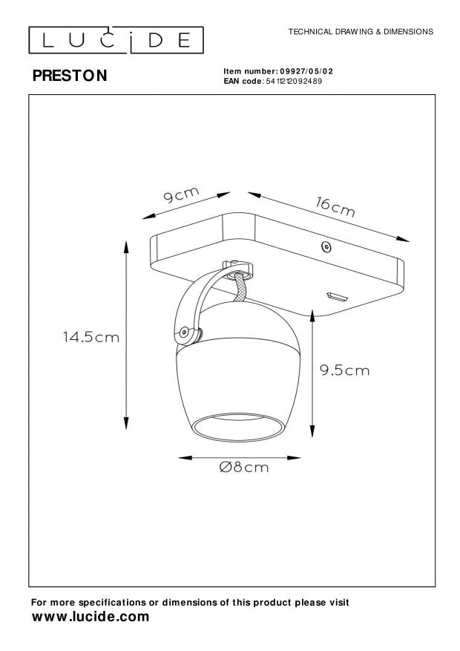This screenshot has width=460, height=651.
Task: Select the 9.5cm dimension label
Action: [x=344, y=370]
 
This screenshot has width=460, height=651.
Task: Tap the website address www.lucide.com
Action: [x=91, y=617]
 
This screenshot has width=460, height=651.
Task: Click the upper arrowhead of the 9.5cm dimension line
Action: [x=313, y=311]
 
